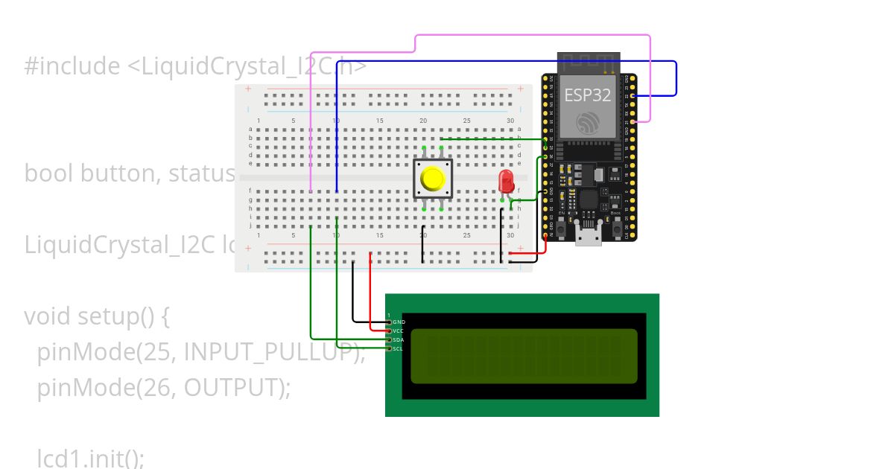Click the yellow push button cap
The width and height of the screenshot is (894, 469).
[x=432, y=179]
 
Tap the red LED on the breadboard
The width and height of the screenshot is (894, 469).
[x=506, y=181]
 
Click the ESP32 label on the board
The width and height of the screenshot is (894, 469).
[x=587, y=95]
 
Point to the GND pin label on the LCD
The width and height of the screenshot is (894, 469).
[x=399, y=322]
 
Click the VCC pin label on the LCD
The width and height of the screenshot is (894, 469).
[x=399, y=331]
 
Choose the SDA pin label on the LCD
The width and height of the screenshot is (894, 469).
[x=399, y=339]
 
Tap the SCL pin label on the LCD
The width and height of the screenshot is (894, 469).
[x=399, y=348]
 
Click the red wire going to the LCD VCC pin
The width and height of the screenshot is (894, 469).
[x=371, y=298]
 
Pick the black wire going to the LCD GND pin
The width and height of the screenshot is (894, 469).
[x=353, y=298]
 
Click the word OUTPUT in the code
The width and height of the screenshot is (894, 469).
[x=232, y=388]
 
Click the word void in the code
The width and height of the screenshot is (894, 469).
[x=48, y=316]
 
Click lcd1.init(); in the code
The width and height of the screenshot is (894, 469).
[x=91, y=459]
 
